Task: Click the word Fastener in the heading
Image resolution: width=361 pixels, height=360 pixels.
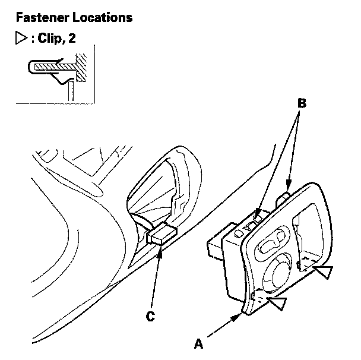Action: (34, 18)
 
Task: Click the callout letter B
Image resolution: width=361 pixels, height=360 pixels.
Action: (301, 103)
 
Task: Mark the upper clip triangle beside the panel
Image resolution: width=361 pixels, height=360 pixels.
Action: (323, 272)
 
